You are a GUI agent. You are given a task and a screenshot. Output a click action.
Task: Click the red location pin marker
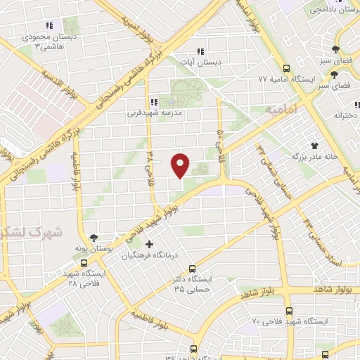pyautogui.click(x=181, y=165)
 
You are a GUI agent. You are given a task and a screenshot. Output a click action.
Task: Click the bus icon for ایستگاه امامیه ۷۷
pyautogui.click(x=286, y=68)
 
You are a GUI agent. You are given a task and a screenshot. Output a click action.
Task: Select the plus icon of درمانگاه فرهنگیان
pyautogui.click(x=149, y=244)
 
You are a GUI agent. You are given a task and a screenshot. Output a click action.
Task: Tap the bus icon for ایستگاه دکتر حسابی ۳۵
pyautogui.click(x=193, y=267)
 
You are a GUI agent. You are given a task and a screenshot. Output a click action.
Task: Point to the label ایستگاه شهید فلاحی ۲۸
pyautogui.click(x=84, y=277)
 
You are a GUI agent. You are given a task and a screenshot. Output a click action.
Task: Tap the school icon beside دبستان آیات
pyautogui.click(x=200, y=51)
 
